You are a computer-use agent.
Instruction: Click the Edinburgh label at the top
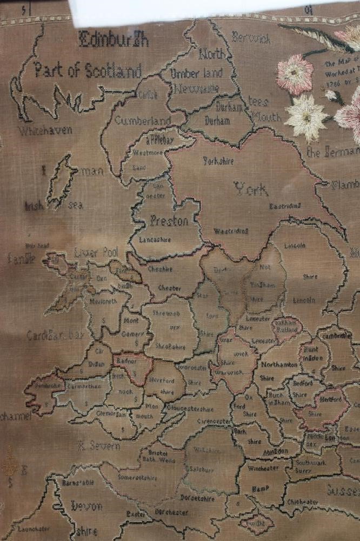tap(114, 39)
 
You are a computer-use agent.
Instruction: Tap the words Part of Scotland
tap(87, 70)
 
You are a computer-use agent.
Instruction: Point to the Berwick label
tap(251, 38)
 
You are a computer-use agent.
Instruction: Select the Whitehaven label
tap(45, 130)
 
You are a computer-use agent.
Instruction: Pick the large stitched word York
tap(251, 189)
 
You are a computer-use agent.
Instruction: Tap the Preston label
tap(169, 221)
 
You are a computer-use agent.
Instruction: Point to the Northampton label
tap(279, 365)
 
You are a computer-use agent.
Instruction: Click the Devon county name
tap(86, 506)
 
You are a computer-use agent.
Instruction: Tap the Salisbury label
tap(202, 470)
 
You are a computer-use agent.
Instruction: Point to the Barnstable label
tap(77, 481)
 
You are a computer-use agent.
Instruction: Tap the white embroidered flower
tap(305, 115)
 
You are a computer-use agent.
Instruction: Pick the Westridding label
tap(231, 231)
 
